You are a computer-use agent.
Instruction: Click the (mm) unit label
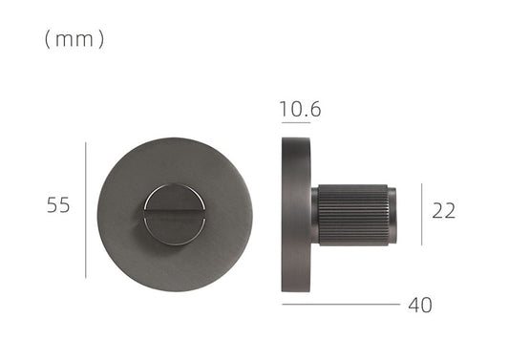pyautogui.click(x=74, y=39)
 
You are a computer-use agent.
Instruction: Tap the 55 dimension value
pyautogui.click(x=58, y=205)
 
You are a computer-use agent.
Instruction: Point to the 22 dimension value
pyautogui.click(x=443, y=211)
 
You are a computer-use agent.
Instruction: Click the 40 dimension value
pyautogui.click(x=419, y=306)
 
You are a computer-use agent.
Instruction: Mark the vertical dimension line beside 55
pyautogui.click(x=86, y=210)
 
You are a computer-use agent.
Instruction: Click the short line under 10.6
pyautogui.click(x=296, y=123)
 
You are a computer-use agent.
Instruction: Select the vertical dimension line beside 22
pyautogui.click(x=419, y=211)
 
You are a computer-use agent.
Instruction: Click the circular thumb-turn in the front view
pyautogui.click(x=174, y=214)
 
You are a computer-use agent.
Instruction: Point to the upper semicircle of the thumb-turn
pyautogui.click(x=174, y=199)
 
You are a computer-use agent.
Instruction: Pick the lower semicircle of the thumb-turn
pyautogui.click(x=174, y=229)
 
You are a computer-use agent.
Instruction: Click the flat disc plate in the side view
pyautogui.click(x=295, y=215)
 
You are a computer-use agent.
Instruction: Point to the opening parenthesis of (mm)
pyautogui.click(x=47, y=39)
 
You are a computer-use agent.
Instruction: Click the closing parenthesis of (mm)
pyautogui.click(x=101, y=39)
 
